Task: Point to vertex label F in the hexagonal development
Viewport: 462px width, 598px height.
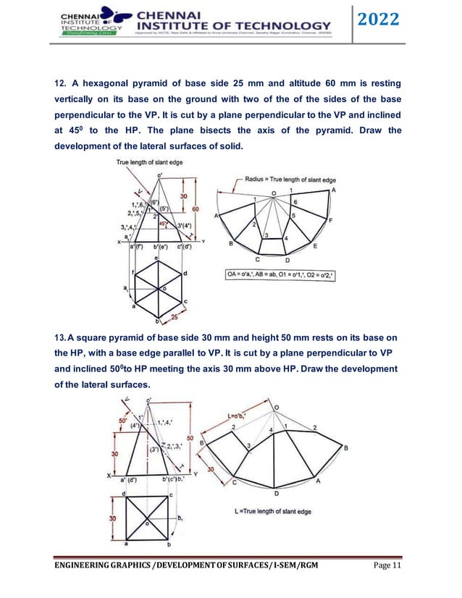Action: pos(331,220)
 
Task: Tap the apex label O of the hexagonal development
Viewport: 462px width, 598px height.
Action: pos(274,193)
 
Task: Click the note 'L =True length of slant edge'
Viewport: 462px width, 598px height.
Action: pos(273,511)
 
